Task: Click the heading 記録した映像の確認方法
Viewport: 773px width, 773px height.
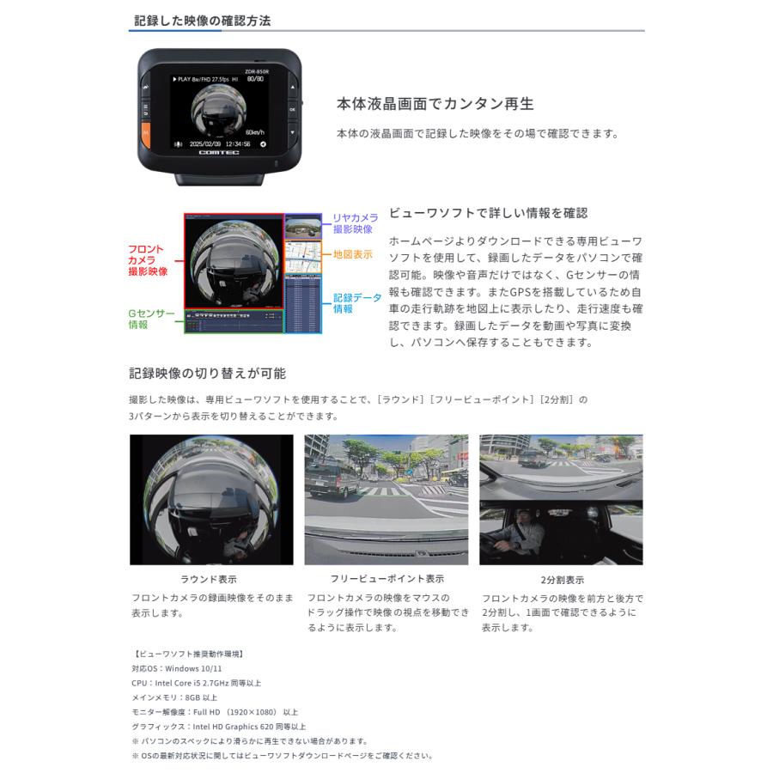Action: point(203,21)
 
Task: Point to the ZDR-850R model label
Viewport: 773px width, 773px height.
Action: point(256,72)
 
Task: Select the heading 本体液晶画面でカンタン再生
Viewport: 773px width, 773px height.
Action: point(435,104)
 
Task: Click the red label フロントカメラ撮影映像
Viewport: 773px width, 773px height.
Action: point(147,260)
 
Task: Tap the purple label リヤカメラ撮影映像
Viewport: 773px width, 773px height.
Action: point(355,223)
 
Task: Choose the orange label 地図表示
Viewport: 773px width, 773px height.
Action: point(352,255)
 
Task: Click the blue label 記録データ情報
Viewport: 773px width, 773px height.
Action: point(356,303)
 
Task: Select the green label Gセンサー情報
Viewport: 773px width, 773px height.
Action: point(151,319)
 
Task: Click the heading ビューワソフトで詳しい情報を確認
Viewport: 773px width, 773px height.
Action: point(488,213)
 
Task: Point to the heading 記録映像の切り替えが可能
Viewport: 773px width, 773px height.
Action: point(207,374)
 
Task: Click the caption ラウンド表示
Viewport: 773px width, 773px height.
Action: point(209,579)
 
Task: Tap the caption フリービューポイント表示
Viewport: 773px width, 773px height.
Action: point(387,579)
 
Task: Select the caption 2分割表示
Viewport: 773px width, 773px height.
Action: point(562,580)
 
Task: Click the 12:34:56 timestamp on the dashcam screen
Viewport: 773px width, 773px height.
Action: point(234,143)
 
